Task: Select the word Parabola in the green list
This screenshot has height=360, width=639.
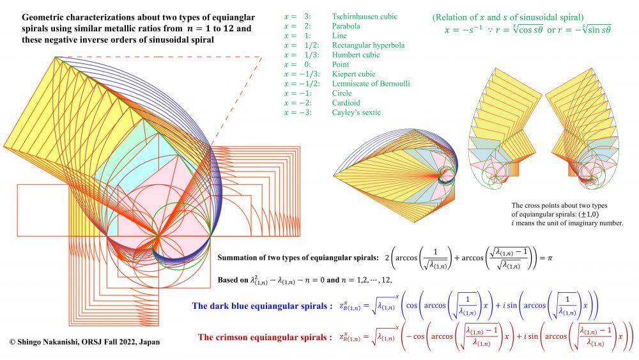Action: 346,26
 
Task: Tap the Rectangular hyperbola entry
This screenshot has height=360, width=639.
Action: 368,45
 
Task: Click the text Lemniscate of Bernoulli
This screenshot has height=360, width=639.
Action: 371,84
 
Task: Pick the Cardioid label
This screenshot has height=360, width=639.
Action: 346,103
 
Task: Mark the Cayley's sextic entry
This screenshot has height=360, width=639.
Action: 356,113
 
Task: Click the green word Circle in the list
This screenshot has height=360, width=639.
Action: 342,93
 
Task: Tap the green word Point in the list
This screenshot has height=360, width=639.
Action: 341,65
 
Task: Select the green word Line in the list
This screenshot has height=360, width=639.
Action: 339,36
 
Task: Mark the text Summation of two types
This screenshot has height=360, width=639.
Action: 268,258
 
